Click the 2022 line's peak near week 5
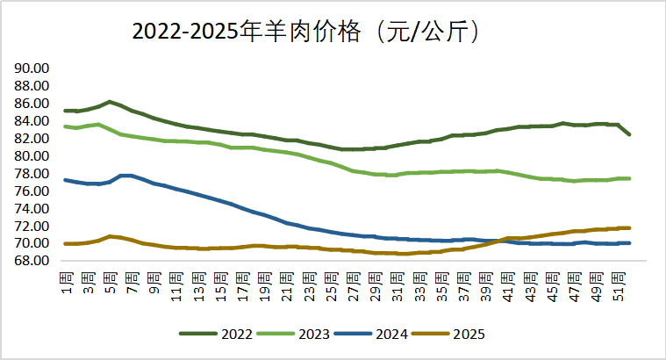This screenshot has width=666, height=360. [110, 102]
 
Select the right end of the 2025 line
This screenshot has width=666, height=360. [629, 227]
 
